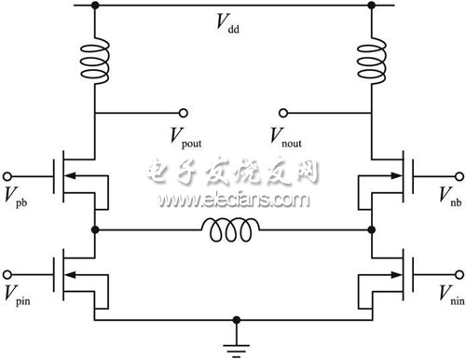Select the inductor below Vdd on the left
tap(94, 57)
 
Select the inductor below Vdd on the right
tap(372, 57)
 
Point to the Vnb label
tap(448, 197)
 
